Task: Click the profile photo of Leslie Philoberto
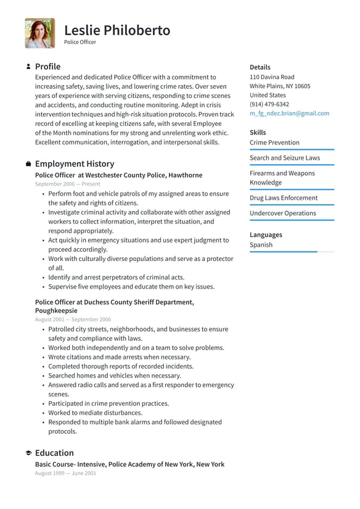pos(39,33)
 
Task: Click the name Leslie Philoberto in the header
pos(117,30)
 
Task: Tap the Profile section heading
pos(47,67)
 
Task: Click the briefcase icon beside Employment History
pos(28,164)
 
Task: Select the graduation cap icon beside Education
pos(28,453)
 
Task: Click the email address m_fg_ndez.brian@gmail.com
pos(289,114)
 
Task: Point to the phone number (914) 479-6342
pos(269,104)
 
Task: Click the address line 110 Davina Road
pos(272,77)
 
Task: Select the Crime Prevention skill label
pos(274,143)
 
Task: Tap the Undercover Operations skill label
pos(282,213)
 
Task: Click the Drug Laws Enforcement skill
pos(284,198)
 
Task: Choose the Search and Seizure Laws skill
pos(285,158)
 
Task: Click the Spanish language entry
pos(261,245)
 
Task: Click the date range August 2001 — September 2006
pos(73,320)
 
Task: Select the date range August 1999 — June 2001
pos(65,473)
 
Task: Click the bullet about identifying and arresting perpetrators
pos(116,278)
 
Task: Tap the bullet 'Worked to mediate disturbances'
pos(95,413)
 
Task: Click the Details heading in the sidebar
pos(260,67)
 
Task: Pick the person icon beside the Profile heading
pos(28,67)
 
